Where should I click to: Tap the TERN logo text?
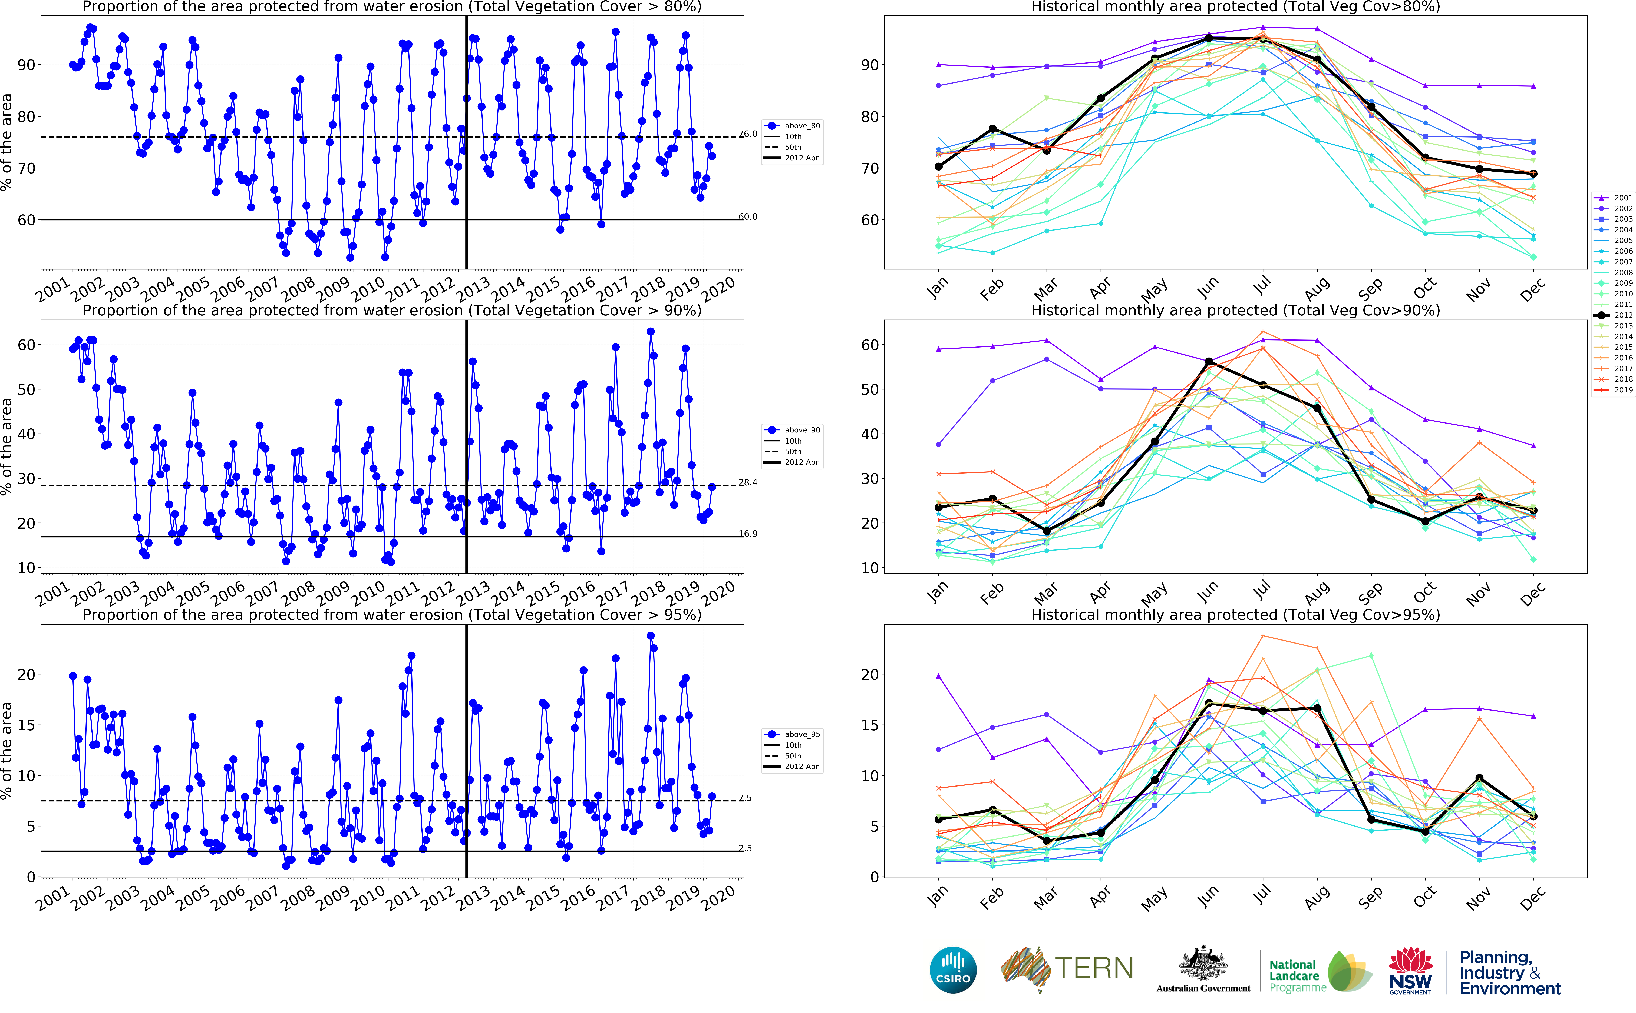(x=1094, y=968)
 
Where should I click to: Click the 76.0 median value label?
(x=748, y=134)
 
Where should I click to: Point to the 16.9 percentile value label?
(x=748, y=534)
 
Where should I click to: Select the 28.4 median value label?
(x=748, y=482)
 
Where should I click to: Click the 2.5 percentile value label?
(x=745, y=848)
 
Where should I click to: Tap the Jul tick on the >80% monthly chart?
(x=1261, y=287)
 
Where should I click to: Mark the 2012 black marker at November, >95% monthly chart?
(x=1479, y=778)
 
